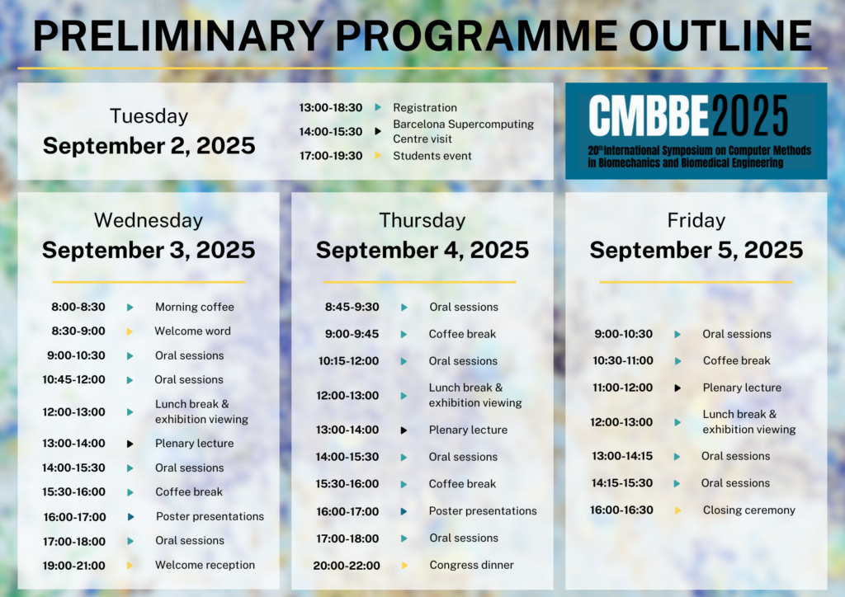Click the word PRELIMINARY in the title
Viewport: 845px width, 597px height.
pos(179,36)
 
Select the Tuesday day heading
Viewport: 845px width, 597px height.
pos(149,116)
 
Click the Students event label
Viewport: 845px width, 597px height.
pos(432,156)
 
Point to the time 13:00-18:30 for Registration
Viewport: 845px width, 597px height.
pos(331,108)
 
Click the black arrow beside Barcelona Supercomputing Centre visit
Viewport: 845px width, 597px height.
pos(378,131)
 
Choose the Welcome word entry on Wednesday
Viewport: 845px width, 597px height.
pos(193,331)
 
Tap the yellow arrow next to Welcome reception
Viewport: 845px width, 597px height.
pos(130,565)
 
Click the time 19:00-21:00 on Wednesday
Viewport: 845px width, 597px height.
pos(74,566)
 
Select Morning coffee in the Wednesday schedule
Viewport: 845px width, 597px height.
pos(195,307)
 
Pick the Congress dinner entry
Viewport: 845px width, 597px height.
pos(471,565)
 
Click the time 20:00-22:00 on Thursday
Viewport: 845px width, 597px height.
pos(347,566)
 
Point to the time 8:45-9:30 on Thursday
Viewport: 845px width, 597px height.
pos(352,307)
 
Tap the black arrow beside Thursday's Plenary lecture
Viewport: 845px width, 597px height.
pos(404,430)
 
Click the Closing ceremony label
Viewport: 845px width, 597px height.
pos(749,510)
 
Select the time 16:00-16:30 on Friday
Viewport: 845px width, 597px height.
pos(622,510)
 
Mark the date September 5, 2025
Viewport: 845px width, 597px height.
pos(696,251)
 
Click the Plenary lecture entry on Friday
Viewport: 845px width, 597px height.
pos(742,388)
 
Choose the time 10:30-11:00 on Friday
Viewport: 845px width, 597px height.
pos(623,360)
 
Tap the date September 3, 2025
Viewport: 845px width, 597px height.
pos(149,251)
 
